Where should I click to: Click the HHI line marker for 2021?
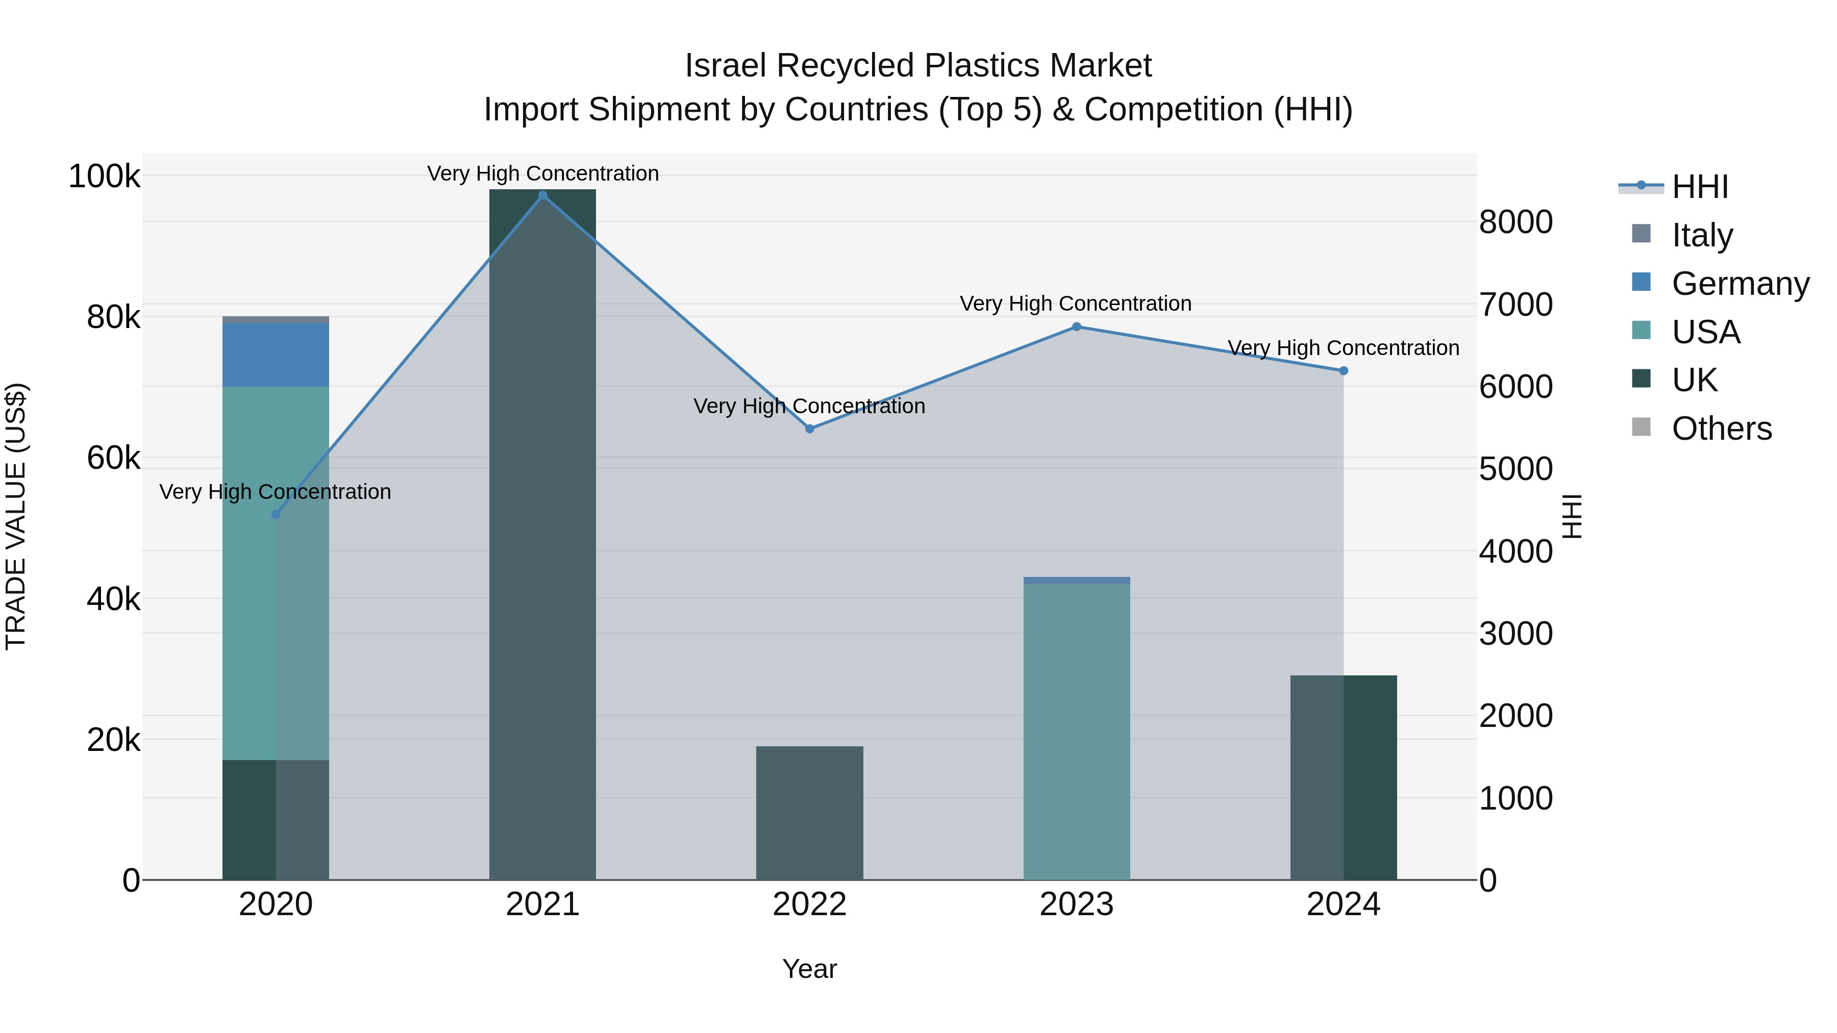543,195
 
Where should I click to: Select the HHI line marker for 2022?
809,429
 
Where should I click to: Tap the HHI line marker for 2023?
1077,326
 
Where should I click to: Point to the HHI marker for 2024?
1344,371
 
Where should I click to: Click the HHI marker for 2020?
276,514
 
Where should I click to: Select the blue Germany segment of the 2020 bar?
276,355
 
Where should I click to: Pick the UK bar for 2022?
809,813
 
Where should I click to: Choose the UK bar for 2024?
1344,777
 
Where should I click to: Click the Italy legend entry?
1701,235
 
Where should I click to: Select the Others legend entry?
1721,429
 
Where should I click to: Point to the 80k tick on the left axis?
113,317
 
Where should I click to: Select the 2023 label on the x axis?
1076,904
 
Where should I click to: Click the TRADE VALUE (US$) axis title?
16,516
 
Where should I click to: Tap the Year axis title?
809,969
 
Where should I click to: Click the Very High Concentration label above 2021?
543,173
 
